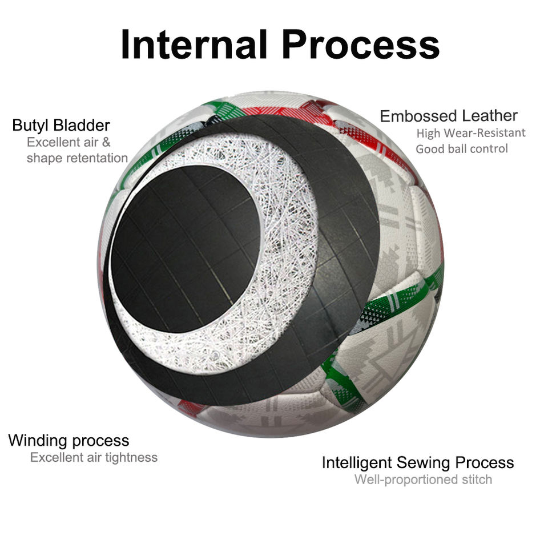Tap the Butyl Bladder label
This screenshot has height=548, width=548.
pyautogui.click(x=61, y=125)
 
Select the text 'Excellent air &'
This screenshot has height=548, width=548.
pyautogui.click(x=68, y=142)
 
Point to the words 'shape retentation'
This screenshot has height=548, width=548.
pyautogui.click(x=77, y=158)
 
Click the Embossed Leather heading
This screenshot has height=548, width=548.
pyautogui.click(x=449, y=116)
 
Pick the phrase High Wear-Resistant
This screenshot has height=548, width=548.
pyautogui.click(x=471, y=133)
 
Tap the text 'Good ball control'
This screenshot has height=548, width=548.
pyautogui.click(x=462, y=149)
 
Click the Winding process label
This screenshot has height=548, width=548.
pyautogui.click(x=68, y=441)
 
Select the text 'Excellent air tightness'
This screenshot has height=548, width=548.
pyautogui.click(x=94, y=457)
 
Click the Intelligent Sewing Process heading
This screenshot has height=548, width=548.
pyautogui.click(x=418, y=462)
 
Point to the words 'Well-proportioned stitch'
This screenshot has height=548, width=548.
pyautogui.click(x=423, y=479)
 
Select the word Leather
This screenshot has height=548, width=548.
pyautogui.click(x=490, y=116)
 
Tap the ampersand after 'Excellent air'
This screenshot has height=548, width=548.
pyautogui.click(x=106, y=142)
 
